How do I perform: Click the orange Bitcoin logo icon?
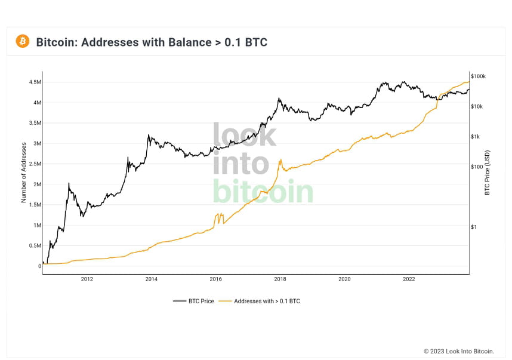pyautogui.click(x=23, y=41)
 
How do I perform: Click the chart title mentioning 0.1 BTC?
pyautogui.click(x=152, y=42)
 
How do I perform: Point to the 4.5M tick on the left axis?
pyautogui.click(x=34, y=82)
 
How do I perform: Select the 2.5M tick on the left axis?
pyautogui.click(x=34, y=164)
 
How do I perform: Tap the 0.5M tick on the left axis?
pyautogui.click(x=34, y=245)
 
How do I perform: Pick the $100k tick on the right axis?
pyautogui.click(x=479, y=76)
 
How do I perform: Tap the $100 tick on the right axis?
pyautogui.click(x=477, y=167)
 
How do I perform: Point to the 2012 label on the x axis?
pyautogui.click(x=87, y=279)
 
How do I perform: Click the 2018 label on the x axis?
pyautogui.click(x=280, y=279)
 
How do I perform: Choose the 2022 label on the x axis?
pyautogui.click(x=409, y=279)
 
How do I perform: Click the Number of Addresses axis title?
pyautogui.click(x=24, y=173)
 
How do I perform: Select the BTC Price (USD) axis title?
pyautogui.click(x=488, y=173)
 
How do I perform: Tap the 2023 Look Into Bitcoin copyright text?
pyautogui.click(x=458, y=351)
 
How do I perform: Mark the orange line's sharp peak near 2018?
pyautogui.click(x=280, y=159)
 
